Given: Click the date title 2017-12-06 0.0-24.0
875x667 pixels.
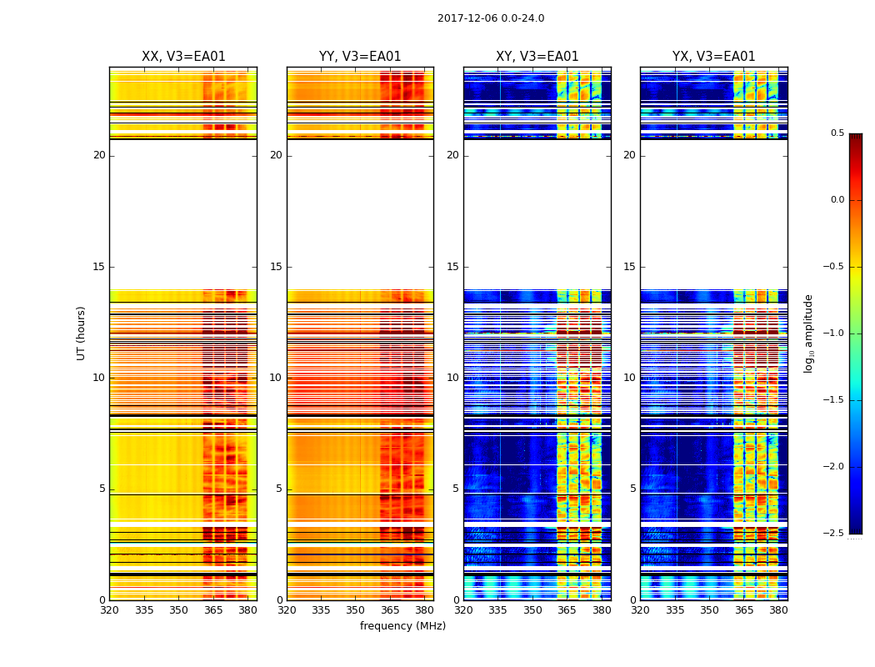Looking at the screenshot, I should tap(491, 18).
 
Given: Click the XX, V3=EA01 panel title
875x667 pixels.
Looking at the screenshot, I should tap(183, 57).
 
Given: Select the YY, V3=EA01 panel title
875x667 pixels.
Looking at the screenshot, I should tap(360, 57).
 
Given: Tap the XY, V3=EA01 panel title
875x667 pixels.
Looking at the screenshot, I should tap(537, 57).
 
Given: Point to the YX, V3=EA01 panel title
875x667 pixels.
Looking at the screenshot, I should tap(714, 57).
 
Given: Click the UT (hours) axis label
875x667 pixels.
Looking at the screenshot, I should tap(82, 333).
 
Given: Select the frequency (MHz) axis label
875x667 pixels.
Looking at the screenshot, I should tap(402, 626).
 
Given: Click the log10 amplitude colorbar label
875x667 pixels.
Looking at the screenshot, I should tap(808, 333).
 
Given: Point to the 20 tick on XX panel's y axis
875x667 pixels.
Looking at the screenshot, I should tap(99, 155).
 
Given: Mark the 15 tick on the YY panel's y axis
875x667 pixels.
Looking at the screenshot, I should tap(276, 267).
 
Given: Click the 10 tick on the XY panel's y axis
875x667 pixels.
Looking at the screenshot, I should tap(452, 378).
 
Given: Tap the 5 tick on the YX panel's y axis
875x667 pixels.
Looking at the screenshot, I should tap(632, 489).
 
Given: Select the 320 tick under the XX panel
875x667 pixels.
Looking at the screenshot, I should tap(109, 609).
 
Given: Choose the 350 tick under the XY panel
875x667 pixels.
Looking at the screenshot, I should tap(532, 609).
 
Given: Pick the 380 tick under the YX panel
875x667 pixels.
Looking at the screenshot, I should tap(778, 609).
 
